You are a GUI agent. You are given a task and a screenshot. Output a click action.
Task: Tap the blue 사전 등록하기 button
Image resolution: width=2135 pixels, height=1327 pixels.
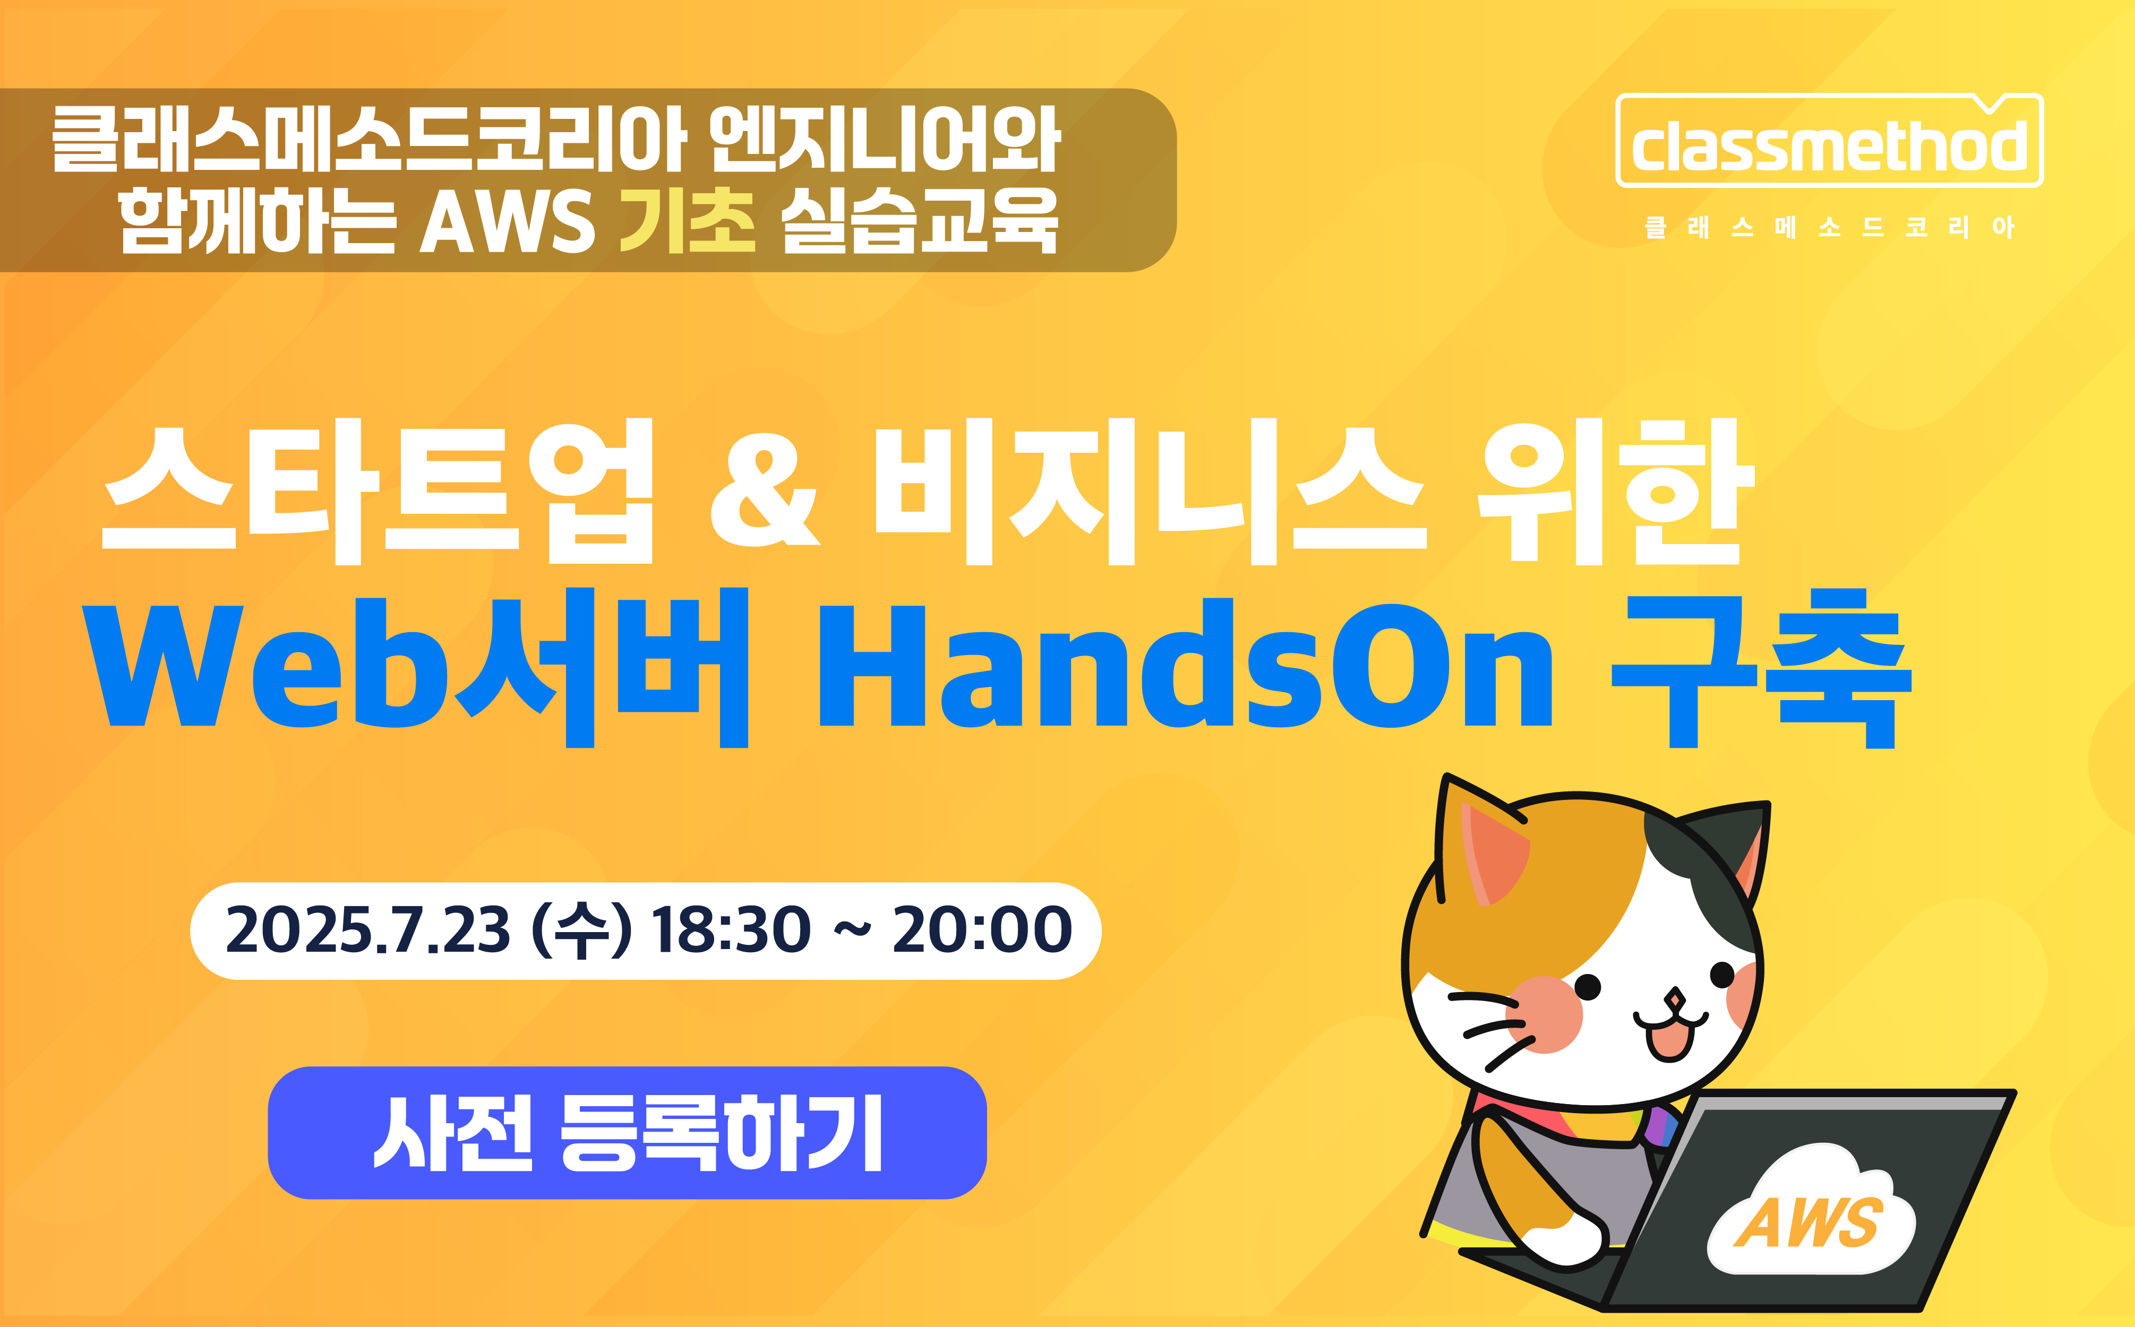627,1132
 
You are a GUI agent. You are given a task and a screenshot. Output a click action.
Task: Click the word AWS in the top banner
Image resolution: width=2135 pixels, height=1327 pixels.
508,222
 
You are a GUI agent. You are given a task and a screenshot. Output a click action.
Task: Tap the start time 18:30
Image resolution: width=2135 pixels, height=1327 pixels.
731,930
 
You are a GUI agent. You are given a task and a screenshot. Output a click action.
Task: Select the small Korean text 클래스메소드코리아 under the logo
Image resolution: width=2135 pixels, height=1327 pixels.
1830,227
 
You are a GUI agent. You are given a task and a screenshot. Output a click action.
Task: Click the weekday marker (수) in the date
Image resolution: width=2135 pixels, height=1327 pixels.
582,931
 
